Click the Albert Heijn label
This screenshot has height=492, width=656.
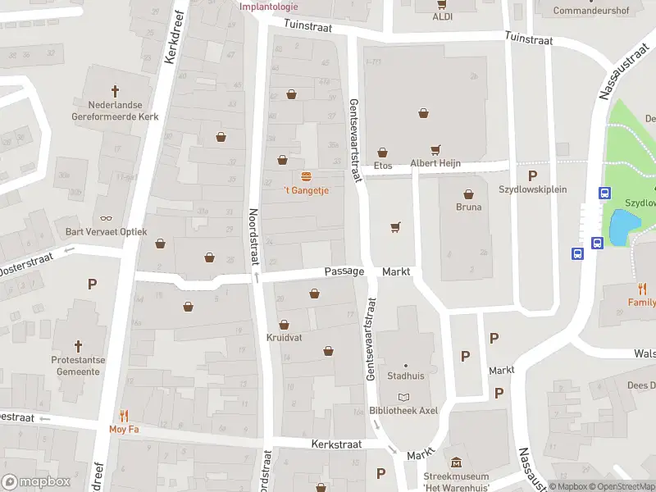435,163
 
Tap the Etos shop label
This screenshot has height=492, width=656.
383,165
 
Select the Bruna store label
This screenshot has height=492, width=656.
469,207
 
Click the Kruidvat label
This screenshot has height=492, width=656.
284,337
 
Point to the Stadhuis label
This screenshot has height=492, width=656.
405,377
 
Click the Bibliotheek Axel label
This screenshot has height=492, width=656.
403,410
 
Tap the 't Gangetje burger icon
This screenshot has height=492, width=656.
306,176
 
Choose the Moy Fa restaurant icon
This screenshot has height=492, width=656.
124,415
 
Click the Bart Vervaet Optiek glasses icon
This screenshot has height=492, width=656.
106,219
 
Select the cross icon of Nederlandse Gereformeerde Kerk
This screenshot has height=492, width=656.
116,92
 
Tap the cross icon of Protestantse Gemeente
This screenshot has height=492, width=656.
79,347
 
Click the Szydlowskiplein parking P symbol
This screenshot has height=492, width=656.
532,175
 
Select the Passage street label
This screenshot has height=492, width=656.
344,271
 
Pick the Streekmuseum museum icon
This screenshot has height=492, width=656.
457,463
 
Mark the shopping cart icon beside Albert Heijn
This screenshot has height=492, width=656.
435,150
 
